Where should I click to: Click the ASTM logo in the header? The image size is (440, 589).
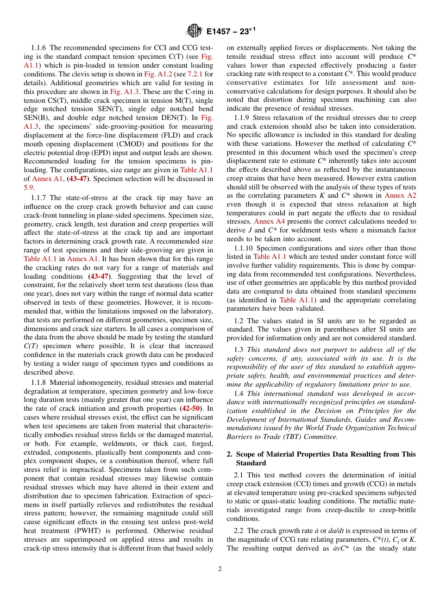coord(194,31)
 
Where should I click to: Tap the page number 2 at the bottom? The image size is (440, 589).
coord(220,569)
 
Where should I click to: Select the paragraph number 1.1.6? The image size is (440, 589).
coord(39,48)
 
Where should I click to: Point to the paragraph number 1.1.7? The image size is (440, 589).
coord(39,197)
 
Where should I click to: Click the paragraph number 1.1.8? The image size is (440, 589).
coord(39,382)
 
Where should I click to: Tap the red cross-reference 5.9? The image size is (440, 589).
coord(28,188)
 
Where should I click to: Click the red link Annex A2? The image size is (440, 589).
coord(400,195)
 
